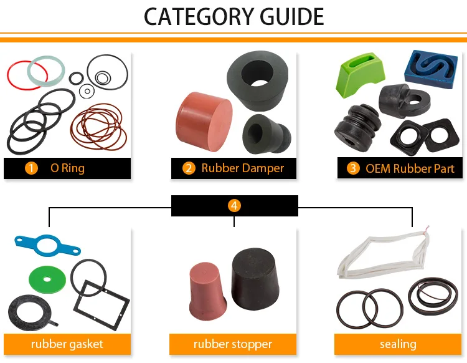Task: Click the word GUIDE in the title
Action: pyautogui.click(x=292, y=17)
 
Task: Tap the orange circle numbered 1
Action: pyautogui.click(x=31, y=168)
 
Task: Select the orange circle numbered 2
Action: pyautogui.click(x=189, y=168)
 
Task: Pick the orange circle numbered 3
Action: pyautogui.click(x=353, y=168)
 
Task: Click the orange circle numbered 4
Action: pyautogui.click(x=234, y=205)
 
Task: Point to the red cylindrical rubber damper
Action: pyautogui.click(x=204, y=122)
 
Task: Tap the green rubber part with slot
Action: pyautogui.click(x=359, y=75)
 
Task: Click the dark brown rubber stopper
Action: pyautogui.click(x=255, y=279)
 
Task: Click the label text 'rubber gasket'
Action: pyautogui.click(x=67, y=344)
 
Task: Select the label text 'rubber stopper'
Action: pyautogui.click(x=233, y=344)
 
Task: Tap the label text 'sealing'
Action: pyautogui.click(x=398, y=344)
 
